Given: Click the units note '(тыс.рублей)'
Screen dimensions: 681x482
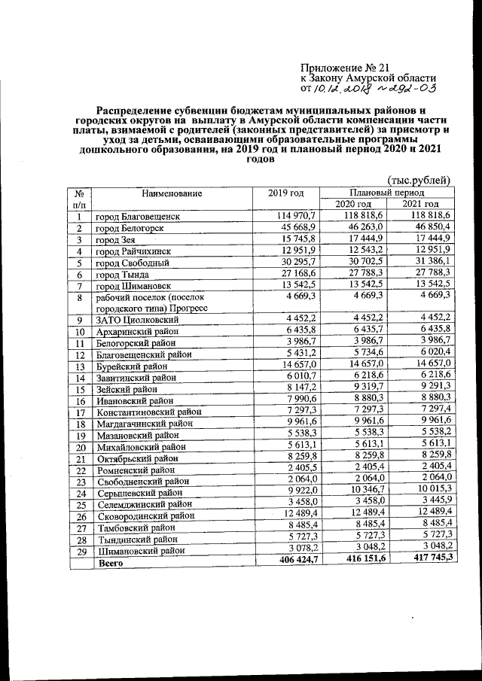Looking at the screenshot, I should [x=419, y=181].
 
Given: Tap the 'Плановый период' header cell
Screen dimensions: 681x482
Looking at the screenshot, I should [x=386, y=193].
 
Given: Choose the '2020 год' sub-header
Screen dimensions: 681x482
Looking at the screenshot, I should [x=352, y=205].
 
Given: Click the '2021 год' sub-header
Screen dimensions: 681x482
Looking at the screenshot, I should [x=420, y=205].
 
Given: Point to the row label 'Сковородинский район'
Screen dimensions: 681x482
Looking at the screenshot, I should [x=145, y=515].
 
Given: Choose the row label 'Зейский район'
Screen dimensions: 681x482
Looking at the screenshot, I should [x=126, y=390].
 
